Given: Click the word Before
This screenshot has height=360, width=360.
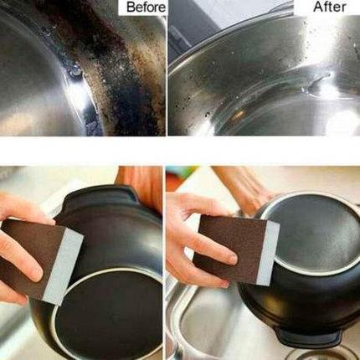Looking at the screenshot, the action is (146, 8).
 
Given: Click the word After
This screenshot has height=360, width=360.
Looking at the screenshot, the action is (329, 7).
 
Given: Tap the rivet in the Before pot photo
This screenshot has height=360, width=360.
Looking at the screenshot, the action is (75, 74).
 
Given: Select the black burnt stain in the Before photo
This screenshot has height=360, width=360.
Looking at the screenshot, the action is (120, 69).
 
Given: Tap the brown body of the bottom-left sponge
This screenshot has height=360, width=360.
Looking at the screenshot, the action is (32, 258).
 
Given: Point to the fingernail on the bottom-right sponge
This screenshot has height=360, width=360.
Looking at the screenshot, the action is (230, 260).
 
